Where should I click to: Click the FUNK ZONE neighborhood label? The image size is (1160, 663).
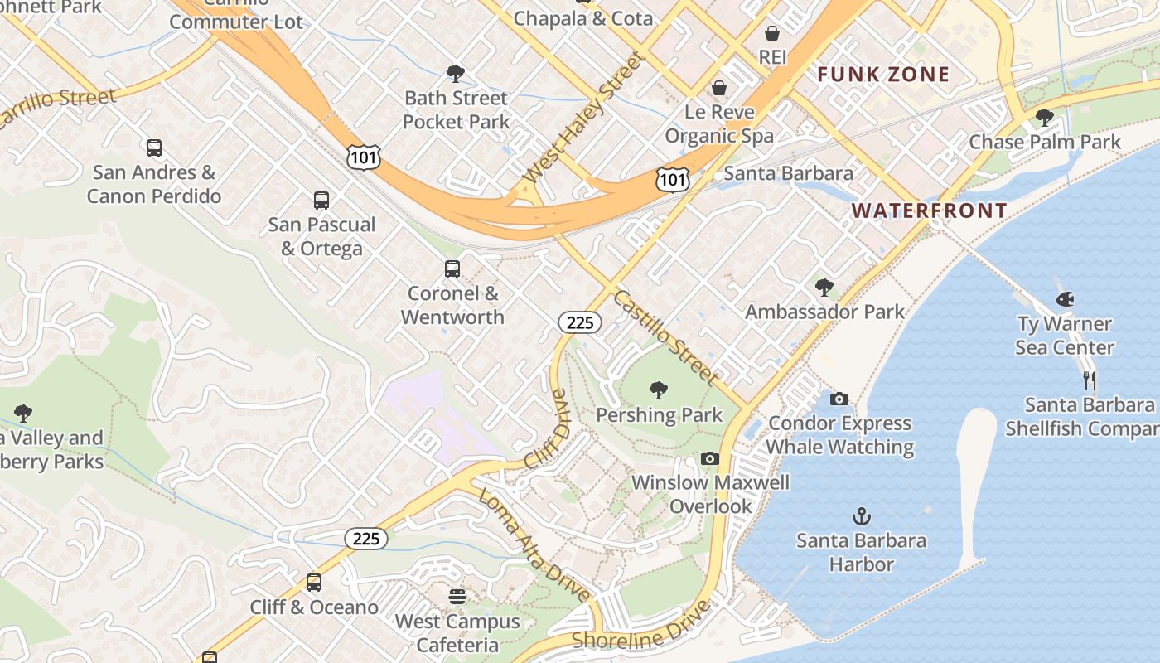[883, 75]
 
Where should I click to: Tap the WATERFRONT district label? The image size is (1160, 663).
[929, 211]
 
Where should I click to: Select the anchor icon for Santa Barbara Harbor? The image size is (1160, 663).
[862, 516]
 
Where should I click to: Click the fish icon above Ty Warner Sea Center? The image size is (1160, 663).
[1065, 299]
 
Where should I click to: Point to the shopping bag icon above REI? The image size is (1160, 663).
[771, 33]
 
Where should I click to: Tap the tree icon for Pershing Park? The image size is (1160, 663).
[659, 390]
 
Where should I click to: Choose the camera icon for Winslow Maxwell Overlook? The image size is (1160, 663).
[709, 458]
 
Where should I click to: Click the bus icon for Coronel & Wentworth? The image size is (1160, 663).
[452, 269]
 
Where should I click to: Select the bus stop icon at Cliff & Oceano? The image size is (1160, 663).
[314, 583]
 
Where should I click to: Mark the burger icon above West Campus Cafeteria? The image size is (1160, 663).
[457, 596]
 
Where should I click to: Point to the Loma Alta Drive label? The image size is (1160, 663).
[535, 544]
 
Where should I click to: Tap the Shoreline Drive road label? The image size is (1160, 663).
[641, 626]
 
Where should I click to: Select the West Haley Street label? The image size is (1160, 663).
[584, 119]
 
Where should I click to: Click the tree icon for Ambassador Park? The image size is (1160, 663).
[824, 288]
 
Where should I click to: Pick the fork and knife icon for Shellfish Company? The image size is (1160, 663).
[1090, 380]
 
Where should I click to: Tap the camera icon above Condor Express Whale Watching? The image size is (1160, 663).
[839, 399]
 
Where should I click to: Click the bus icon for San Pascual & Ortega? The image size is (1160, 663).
[321, 201]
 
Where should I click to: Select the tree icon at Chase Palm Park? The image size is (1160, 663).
[1045, 118]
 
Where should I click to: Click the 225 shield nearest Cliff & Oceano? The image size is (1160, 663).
[365, 539]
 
